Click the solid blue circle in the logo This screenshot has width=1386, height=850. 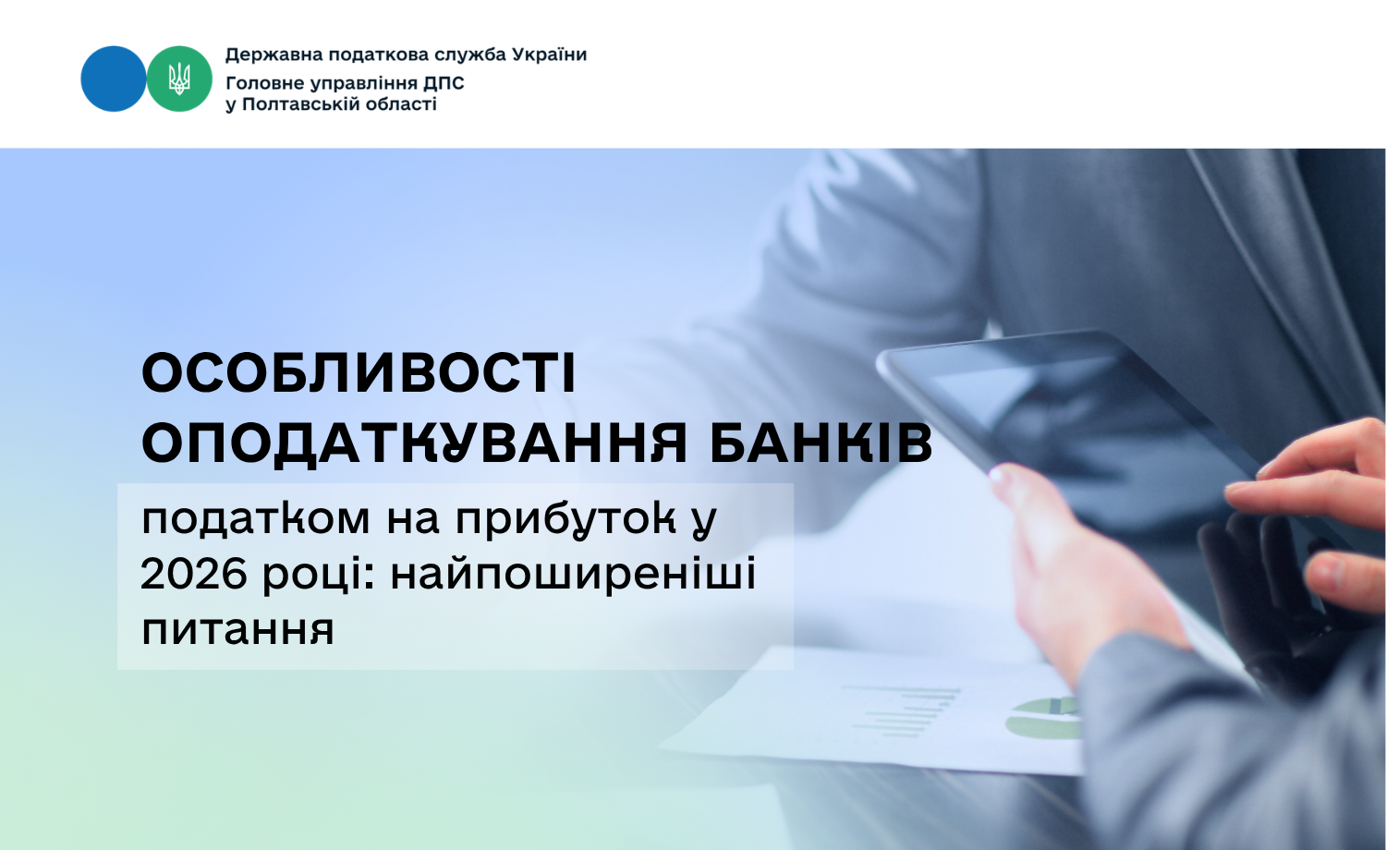pyautogui.click(x=114, y=79)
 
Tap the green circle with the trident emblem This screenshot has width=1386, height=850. pyautogui.click(x=179, y=79)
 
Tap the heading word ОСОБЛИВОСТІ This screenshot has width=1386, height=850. pyautogui.click(x=359, y=373)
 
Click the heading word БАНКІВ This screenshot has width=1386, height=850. pyautogui.click(x=821, y=443)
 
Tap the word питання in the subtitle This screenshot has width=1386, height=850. pyautogui.click(x=237, y=630)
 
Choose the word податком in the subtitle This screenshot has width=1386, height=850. pyautogui.click(x=256, y=518)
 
